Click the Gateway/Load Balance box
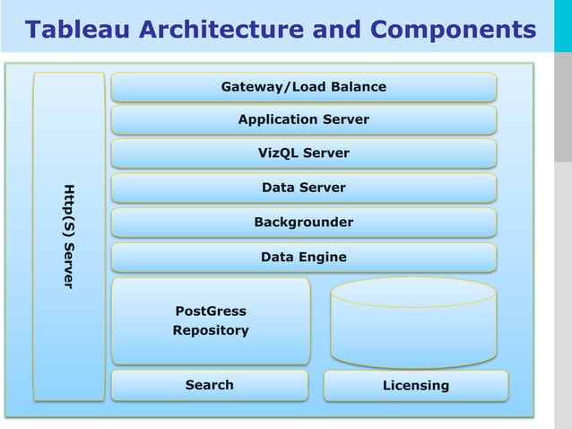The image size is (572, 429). (303, 87)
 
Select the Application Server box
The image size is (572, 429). (303, 119)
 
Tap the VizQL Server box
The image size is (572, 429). (303, 153)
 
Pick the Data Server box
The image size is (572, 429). (303, 188)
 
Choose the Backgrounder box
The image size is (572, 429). (303, 222)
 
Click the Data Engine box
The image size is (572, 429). (303, 258)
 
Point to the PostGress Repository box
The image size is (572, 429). (211, 320)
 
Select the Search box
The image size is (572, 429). (209, 385)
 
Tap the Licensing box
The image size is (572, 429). (415, 386)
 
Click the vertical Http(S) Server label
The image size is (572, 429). (68, 236)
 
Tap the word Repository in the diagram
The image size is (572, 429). (211, 330)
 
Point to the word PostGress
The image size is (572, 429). (211, 311)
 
